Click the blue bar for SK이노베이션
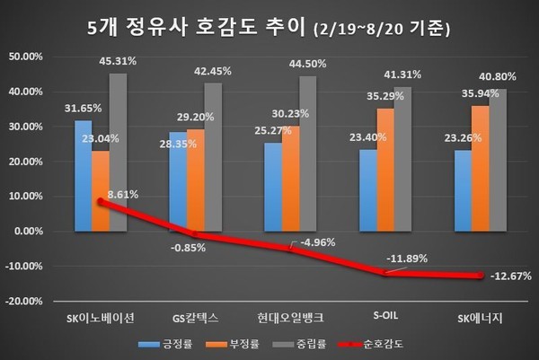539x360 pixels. point(82,175)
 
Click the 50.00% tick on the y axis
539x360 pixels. point(23,57)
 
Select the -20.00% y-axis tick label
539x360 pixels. point(23,301)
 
